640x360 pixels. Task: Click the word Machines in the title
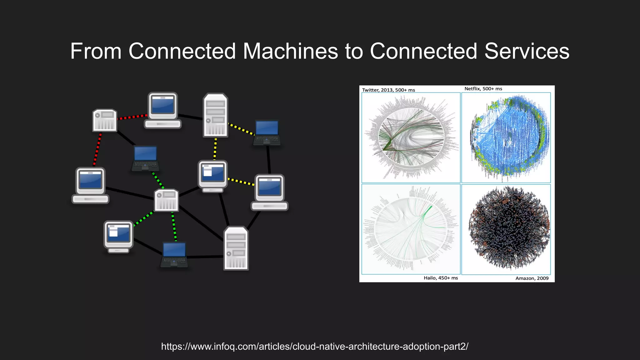[x=290, y=51]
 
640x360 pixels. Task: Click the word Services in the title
[x=527, y=51]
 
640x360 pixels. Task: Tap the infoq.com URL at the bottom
[x=315, y=346]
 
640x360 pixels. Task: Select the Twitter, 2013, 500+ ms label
[x=388, y=90]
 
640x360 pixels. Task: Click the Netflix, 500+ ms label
[x=483, y=89]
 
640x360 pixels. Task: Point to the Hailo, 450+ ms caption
[x=441, y=278]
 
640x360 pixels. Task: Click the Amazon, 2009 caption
[x=532, y=278]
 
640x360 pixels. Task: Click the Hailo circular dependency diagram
[x=411, y=229]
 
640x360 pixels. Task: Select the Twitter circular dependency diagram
[x=411, y=137]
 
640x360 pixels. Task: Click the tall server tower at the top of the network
[x=215, y=116]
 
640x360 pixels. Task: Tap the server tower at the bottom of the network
[x=236, y=248]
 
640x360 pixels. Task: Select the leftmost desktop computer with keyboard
[x=90, y=185]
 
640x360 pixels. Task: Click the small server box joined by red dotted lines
[x=105, y=120]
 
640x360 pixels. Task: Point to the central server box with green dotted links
[x=167, y=200]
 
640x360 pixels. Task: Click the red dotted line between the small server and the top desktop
[x=132, y=117]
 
